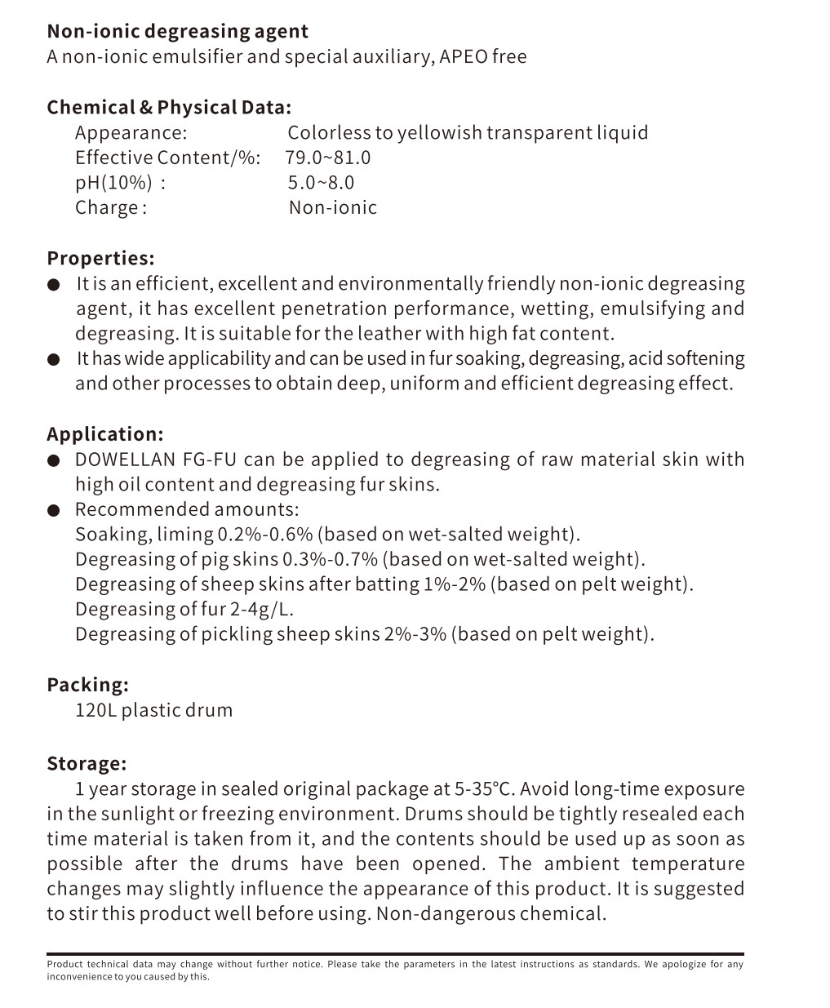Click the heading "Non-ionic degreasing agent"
177,32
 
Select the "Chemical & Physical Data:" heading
169,108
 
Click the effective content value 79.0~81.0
328,158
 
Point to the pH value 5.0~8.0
321,183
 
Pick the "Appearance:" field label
131,133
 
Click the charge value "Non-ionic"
333,207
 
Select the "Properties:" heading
100,259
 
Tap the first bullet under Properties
54,285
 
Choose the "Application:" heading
105,434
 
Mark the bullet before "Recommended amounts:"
54,511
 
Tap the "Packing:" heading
87,685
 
